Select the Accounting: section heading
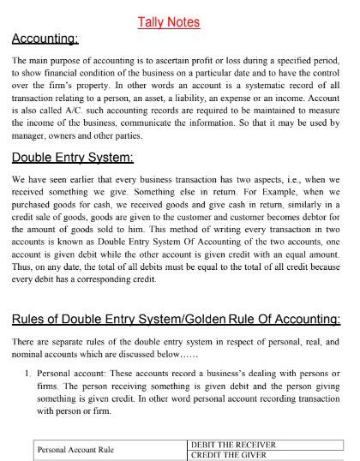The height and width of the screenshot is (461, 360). click(x=45, y=39)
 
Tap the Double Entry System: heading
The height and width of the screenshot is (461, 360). click(x=73, y=158)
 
